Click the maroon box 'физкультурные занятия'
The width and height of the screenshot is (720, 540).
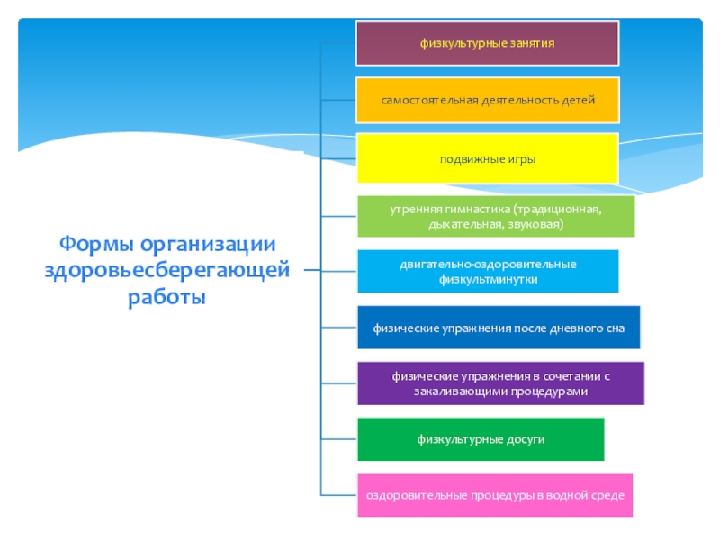[487, 43]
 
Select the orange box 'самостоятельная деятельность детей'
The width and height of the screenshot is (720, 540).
[487, 100]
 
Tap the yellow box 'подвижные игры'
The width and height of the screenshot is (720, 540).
[487, 158]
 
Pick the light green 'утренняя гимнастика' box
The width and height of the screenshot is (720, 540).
[495, 216]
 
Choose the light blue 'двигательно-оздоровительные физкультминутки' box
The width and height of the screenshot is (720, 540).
[487, 271]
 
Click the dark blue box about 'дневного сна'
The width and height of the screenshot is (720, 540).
[499, 328]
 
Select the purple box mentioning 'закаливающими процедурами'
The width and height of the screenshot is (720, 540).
[500, 383]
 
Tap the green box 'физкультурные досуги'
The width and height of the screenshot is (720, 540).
[481, 439]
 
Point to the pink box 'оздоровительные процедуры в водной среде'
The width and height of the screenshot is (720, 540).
[494, 495]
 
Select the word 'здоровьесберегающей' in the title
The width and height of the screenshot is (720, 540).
[167, 270]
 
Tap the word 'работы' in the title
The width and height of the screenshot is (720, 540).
[167, 296]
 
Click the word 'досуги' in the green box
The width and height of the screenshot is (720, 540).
[526, 439]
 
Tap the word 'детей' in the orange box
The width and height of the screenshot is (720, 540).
[578, 100]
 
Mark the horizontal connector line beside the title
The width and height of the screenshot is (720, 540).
[311, 270]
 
